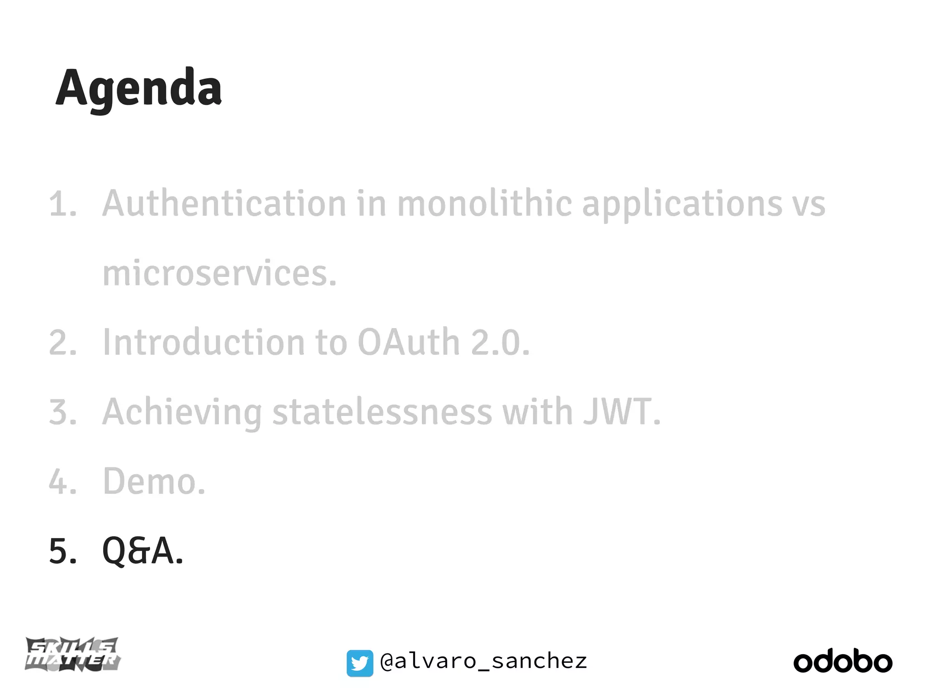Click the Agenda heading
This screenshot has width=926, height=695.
(138, 88)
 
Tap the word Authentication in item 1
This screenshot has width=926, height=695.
(224, 204)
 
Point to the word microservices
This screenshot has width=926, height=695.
(220, 274)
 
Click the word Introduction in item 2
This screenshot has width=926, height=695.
(204, 343)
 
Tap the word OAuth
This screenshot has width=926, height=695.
(409, 343)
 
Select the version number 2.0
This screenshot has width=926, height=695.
(500, 343)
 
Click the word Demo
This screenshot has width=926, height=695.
(154, 481)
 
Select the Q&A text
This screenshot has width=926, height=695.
(143, 551)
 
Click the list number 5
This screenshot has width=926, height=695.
(62, 551)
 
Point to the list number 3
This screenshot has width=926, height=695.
(62, 412)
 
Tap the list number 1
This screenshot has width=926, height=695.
(62, 204)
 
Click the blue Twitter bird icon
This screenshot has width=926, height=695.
(360, 663)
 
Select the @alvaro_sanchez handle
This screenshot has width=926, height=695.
(484, 662)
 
